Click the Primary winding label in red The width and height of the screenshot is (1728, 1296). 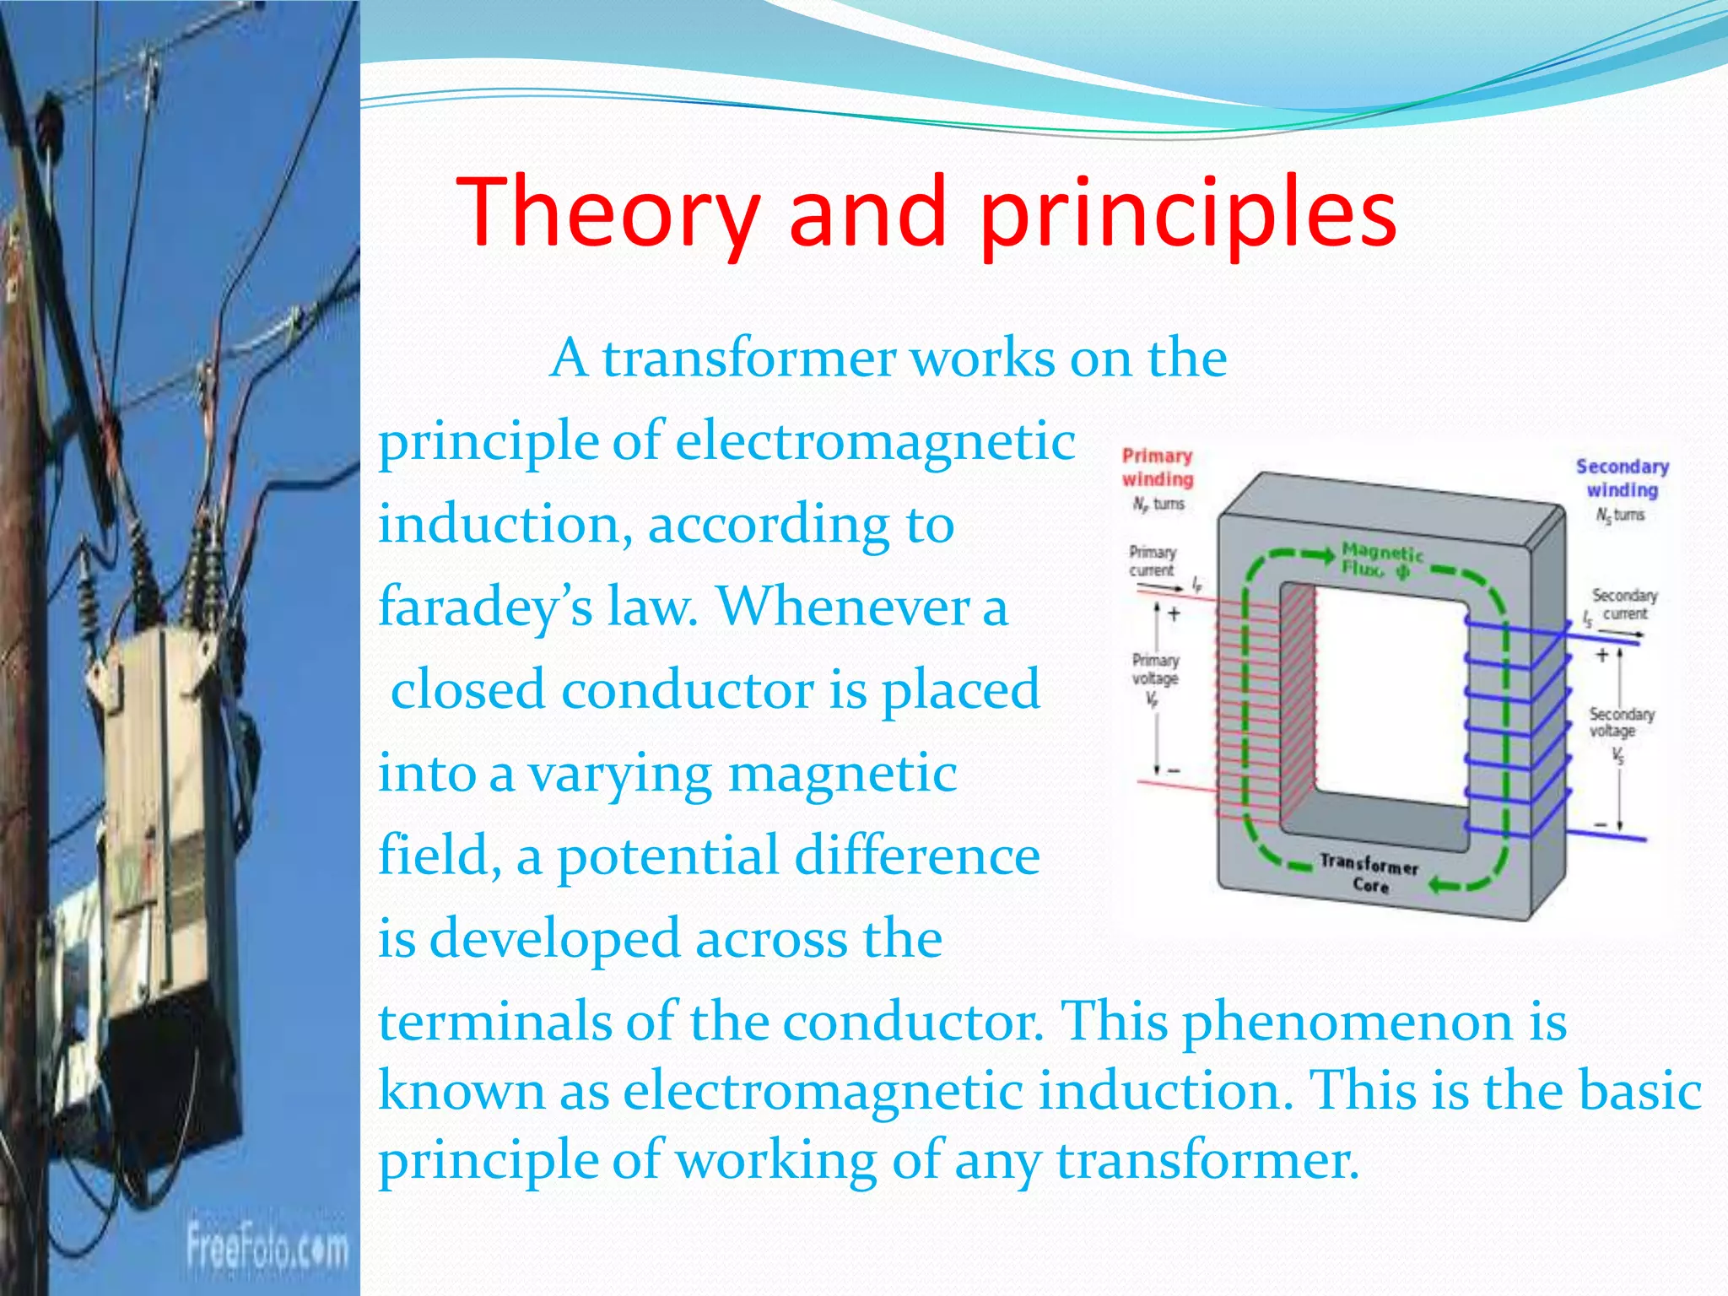click(1157, 467)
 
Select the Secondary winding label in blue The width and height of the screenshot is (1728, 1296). click(1622, 478)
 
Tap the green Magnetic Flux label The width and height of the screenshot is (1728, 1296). click(1380, 560)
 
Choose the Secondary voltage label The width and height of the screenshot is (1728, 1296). click(1621, 723)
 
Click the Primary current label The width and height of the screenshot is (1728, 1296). click(1153, 561)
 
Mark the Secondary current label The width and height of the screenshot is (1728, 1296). click(1624, 605)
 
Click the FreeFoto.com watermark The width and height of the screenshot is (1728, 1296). click(267, 1247)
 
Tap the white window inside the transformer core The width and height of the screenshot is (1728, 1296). click(1389, 692)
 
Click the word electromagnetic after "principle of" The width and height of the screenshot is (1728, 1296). click(875, 441)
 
